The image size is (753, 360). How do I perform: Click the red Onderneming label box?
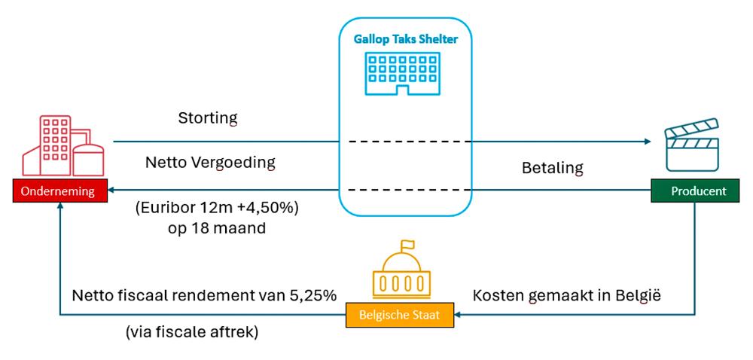(x=58, y=191)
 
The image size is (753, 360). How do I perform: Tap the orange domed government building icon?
(x=399, y=273)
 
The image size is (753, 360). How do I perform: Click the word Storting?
(x=208, y=118)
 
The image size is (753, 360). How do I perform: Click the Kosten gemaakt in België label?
(x=566, y=295)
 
